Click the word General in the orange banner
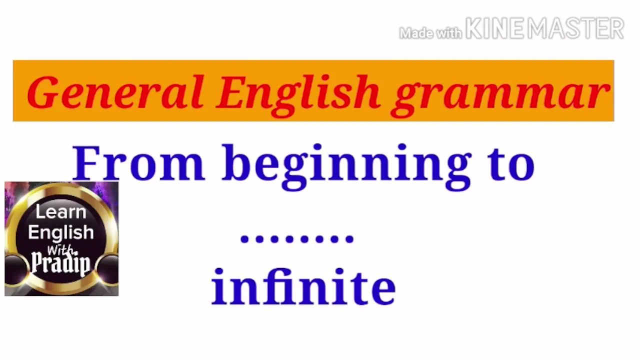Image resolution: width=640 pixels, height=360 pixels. click(115, 92)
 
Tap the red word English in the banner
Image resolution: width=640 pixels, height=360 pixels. click(298, 96)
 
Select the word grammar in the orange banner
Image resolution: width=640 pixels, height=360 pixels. click(500, 97)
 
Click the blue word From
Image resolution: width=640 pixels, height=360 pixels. click(139, 163)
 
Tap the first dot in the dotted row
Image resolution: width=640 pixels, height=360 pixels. click(244, 239)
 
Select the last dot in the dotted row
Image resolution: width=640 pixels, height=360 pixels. click(349, 239)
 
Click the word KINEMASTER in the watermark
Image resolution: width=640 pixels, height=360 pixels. click(545, 28)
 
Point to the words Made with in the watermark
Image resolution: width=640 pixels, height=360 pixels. click(430, 33)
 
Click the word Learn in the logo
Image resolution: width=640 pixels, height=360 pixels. click(61, 211)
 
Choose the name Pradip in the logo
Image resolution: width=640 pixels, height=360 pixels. click(61, 263)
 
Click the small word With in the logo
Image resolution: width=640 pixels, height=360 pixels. click(60, 250)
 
